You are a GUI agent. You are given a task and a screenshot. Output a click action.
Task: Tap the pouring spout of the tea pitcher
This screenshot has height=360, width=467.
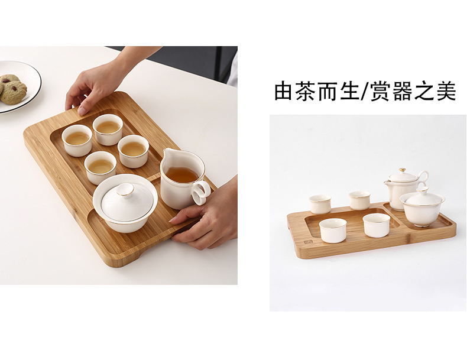(167, 153)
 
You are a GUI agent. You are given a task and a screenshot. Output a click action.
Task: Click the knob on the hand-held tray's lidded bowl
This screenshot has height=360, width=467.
(125, 189)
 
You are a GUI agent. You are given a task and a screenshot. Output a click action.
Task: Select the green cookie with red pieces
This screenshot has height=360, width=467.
(14, 92)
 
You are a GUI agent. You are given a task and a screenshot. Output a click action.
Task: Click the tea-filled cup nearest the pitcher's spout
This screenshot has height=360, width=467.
(133, 151)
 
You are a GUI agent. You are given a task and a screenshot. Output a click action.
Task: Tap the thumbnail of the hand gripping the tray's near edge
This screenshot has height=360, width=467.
(173, 220)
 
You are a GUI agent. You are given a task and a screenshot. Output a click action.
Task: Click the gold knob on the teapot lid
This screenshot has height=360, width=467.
(403, 170)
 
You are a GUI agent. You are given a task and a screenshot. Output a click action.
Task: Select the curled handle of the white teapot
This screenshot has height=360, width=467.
(423, 179)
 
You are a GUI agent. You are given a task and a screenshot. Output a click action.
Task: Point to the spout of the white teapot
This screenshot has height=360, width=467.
(387, 183)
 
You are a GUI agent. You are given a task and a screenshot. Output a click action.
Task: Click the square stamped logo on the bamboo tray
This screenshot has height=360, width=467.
(307, 242)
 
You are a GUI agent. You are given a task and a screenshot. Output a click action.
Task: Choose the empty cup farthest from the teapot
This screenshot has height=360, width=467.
(320, 205)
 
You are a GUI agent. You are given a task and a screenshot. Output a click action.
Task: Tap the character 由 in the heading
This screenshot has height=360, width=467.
(284, 91)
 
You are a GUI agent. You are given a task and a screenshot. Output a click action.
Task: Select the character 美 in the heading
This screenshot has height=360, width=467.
(445, 91)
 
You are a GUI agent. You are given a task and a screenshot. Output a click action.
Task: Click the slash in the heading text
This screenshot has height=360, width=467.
(364, 92)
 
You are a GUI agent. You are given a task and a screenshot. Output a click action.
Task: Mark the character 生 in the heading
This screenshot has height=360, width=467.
(349, 91)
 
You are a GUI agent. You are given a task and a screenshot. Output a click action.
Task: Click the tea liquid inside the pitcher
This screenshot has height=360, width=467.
(182, 174)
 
